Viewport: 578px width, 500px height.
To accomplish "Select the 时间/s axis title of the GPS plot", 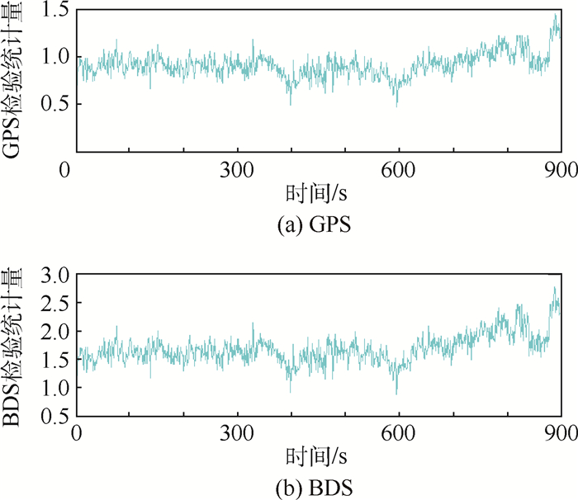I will click(x=319, y=195).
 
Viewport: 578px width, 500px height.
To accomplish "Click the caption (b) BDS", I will click(x=319, y=486).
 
